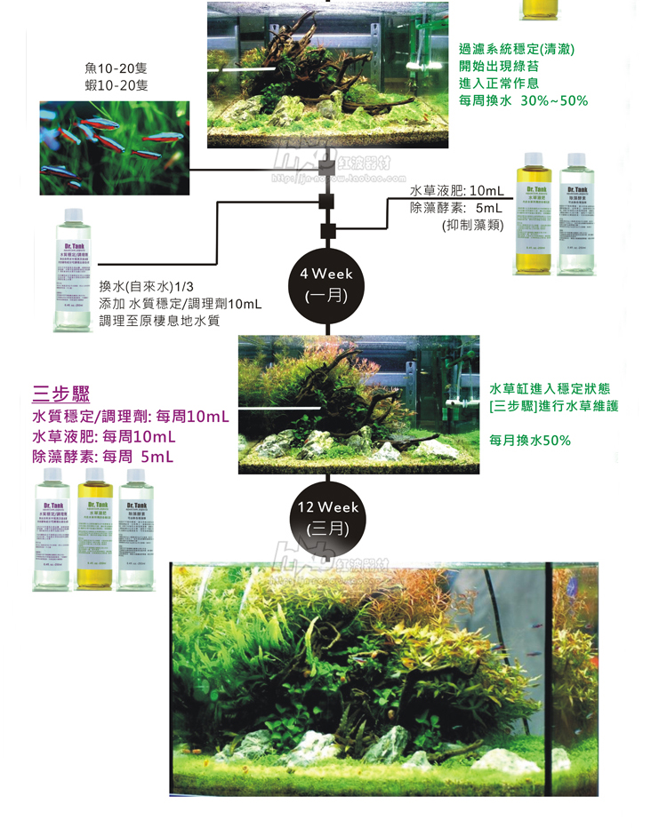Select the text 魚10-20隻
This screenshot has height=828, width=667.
117,68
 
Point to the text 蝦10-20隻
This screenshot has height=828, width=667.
117,85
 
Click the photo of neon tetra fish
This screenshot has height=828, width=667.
114,147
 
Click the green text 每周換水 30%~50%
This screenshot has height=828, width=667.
523,100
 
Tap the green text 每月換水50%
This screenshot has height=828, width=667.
530,440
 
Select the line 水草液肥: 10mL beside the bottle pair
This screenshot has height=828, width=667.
456,191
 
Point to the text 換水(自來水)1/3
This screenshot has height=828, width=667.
146,287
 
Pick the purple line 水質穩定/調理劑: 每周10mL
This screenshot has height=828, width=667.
130,416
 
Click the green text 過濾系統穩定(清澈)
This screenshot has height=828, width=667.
517,50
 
